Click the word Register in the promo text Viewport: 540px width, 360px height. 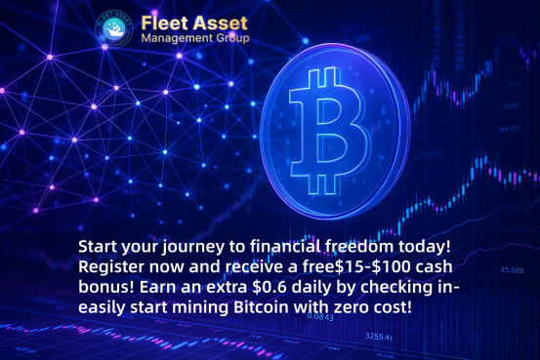(x=114, y=265)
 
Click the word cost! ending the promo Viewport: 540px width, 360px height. (x=390, y=307)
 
